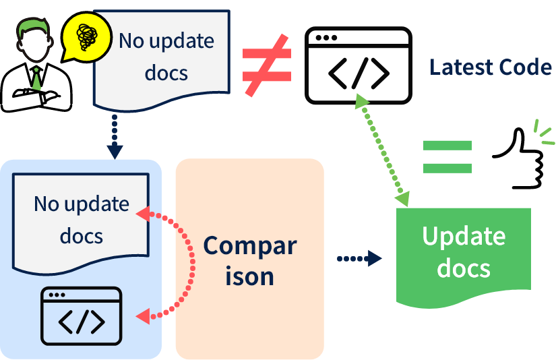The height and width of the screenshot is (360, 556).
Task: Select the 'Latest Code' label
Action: click(491, 67)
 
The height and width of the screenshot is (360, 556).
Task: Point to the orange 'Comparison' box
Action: click(249, 259)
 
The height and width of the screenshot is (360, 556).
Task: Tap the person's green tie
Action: click(36, 79)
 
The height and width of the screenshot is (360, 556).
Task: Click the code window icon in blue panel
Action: click(82, 316)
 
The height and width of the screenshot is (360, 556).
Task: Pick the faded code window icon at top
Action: click(358, 65)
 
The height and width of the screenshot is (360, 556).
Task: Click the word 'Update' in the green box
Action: click(463, 236)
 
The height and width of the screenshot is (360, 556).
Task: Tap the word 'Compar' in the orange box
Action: click(249, 245)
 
